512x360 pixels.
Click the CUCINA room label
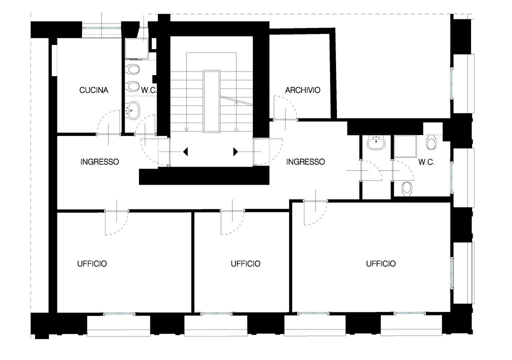[x=93, y=90]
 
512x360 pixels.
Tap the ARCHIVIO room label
[x=302, y=90]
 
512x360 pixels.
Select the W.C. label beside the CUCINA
[x=149, y=90]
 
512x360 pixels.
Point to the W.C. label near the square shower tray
[x=426, y=162]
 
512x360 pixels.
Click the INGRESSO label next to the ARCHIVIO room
[x=305, y=161]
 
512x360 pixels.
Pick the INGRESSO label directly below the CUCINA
[x=99, y=161]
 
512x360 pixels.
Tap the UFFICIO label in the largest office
[x=381, y=263]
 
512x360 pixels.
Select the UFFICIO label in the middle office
[x=245, y=263]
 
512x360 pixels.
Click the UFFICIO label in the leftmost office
[x=92, y=263]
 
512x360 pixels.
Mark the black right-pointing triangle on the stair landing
[x=235, y=152]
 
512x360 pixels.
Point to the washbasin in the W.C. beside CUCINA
[x=133, y=110]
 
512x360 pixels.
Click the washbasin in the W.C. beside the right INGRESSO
[x=376, y=143]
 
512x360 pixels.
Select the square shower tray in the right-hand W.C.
[x=405, y=146]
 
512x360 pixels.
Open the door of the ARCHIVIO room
[x=285, y=108]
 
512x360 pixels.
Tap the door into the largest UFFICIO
[x=315, y=213]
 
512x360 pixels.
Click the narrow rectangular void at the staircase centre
[x=211, y=101]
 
